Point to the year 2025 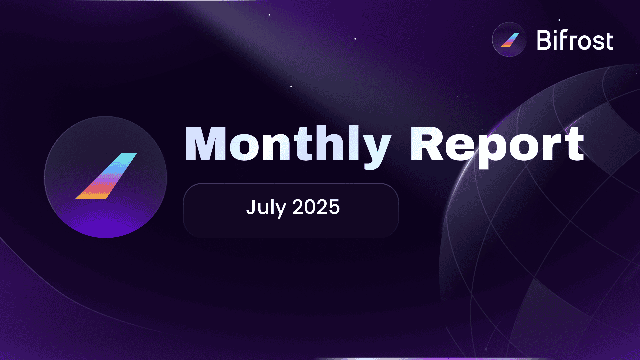(316, 207)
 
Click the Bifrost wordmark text (575, 40)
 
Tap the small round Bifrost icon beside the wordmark (509, 40)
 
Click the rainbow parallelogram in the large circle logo (106, 176)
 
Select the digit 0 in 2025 (310, 207)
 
